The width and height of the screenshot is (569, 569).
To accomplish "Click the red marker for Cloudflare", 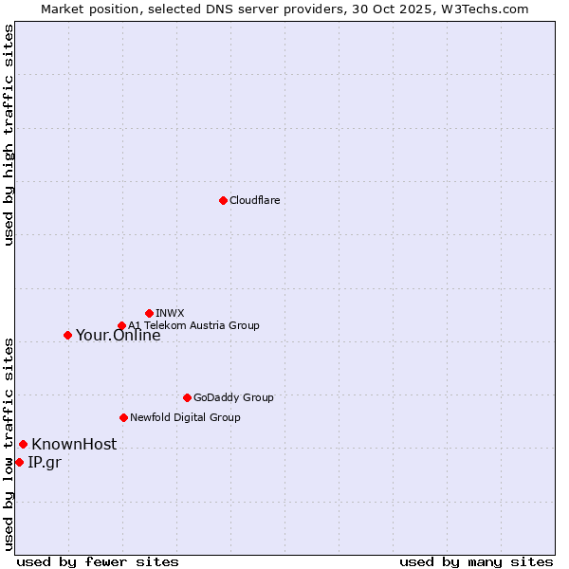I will click(223, 200).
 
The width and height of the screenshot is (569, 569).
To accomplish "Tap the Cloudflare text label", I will click(254, 200).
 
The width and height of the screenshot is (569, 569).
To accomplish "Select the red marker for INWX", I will click(149, 313).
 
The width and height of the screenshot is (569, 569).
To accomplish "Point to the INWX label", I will click(170, 313).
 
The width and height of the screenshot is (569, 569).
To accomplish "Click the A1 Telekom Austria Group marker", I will click(121, 326).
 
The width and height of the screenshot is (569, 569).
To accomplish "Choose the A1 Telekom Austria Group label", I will click(193, 325).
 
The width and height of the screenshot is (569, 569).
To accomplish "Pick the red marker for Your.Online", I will click(67, 335).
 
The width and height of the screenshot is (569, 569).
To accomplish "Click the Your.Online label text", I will click(118, 335).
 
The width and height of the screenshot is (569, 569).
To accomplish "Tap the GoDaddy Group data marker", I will click(187, 397).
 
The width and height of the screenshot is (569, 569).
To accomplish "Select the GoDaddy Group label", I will click(232, 397).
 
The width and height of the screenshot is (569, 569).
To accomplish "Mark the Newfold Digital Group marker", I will click(123, 417).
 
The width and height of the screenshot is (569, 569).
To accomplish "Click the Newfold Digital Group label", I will click(185, 417).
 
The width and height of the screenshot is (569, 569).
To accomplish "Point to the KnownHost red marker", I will click(23, 444).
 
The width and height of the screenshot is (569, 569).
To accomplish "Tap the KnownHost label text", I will click(74, 444).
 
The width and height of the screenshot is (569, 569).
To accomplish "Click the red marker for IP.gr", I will click(19, 462).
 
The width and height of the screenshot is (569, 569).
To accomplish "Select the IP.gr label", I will click(44, 462).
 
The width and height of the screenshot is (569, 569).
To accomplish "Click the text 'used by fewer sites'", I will click(98, 561).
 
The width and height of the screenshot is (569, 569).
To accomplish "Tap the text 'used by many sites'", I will click(476, 561).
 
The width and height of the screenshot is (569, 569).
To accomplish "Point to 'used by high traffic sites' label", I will click(9, 135).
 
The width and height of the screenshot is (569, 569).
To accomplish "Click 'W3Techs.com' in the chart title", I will click(489, 9).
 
